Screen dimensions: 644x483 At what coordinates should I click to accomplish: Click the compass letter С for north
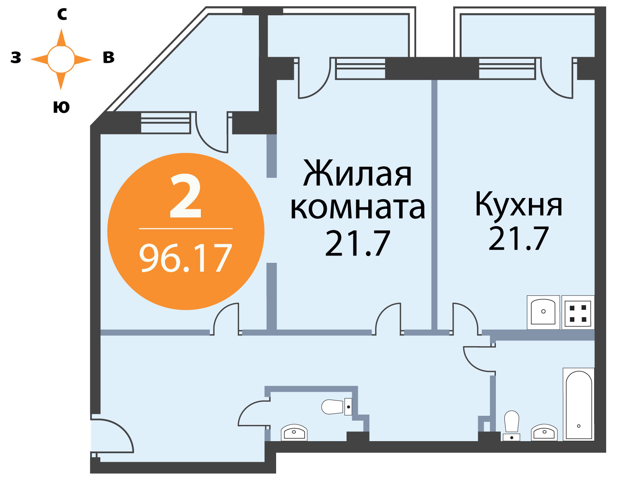pos(62,14)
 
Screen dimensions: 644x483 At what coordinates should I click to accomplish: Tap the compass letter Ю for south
pos(61,107)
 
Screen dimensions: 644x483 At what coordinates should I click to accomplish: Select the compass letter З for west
pos(16,58)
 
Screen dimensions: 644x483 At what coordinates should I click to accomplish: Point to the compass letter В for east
pos(109,58)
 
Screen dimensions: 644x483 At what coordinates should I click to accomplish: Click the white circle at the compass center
pos(61,59)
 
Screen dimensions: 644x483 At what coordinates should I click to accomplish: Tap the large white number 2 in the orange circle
pos(186,196)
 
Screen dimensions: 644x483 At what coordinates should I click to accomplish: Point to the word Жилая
pos(357,173)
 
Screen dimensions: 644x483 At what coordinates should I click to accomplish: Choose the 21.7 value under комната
pos(357,244)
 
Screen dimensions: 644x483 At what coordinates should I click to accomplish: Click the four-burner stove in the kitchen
pos(578,313)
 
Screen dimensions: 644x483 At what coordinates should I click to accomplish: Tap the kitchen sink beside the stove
pos(543,313)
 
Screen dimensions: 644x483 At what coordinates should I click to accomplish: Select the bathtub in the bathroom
pos(578,405)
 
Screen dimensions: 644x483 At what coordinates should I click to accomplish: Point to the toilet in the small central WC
pos(336,407)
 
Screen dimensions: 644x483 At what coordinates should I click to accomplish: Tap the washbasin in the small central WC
pos(294,432)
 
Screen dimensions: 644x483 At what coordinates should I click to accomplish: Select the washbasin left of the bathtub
pos(544,432)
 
